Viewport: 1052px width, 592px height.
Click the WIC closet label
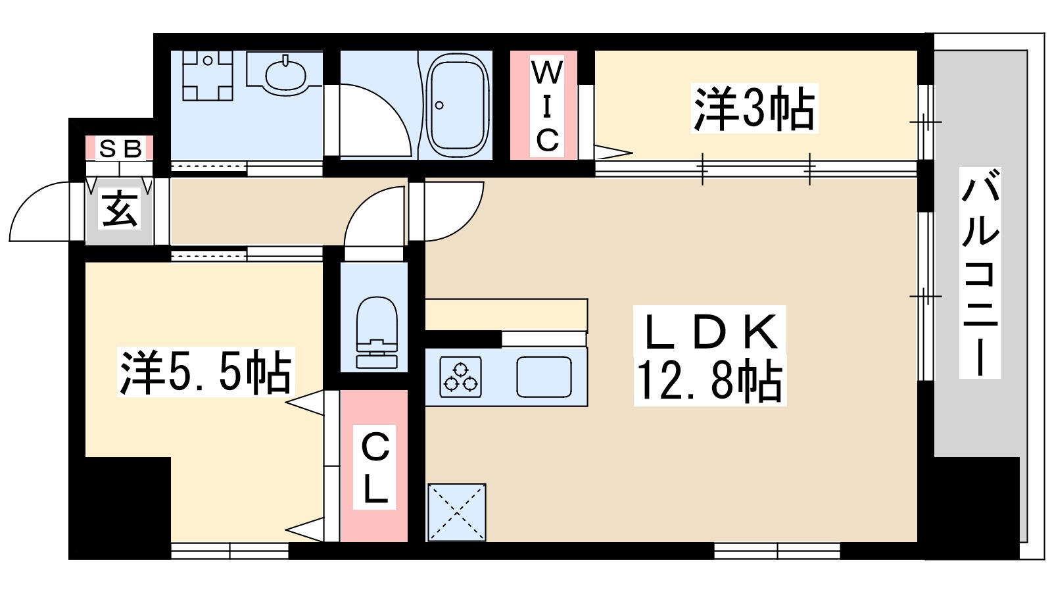click(x=546, y=105)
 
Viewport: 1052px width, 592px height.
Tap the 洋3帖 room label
click(x=754, y=109)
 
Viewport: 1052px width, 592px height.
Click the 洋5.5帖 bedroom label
click(x=204, y=373)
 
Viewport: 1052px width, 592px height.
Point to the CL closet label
click(x=375, y=467)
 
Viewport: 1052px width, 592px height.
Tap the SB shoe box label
click(x=120, y=149)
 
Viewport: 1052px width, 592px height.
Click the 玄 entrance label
click(x=120, y=209)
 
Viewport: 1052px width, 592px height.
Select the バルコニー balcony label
click(x=980, y=273)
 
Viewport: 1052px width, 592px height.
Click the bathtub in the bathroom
click(x=458, y=105)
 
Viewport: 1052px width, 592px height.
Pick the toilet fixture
click(x=376, y=332)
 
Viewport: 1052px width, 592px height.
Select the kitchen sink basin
click(x=544, y=377)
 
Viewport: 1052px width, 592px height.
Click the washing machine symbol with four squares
click(x=208, y=76)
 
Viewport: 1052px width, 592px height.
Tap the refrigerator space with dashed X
click(x=456, y=512)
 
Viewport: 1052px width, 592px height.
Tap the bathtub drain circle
click(x=439, y=105)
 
